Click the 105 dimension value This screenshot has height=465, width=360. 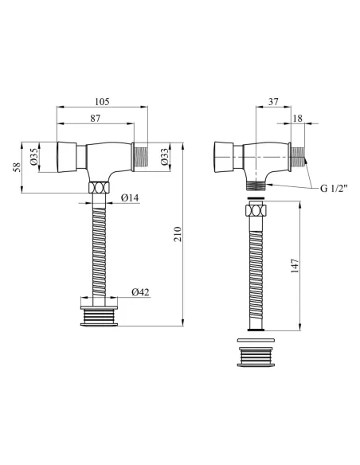[x=102, y=102]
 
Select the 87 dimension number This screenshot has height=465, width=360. [x=96, y=119]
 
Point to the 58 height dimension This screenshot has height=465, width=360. [x=18, y=167]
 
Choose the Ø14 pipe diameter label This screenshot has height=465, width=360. [x=130, y=197]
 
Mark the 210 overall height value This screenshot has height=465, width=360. [x=178, y=234]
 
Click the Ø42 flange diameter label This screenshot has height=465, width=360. [x=140, y=292]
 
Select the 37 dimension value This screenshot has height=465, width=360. [x=273, y=101]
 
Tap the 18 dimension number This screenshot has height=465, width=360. [x=297, y=119]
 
